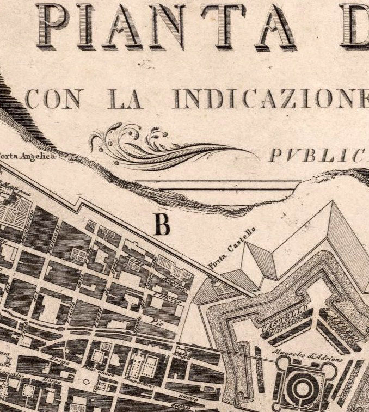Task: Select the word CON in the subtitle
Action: click(x=53, y=99)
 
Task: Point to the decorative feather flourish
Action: click(x=163, y=144)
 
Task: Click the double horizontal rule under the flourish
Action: click(x=217, y=186)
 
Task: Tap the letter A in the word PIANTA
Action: click(x=125, y=26)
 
